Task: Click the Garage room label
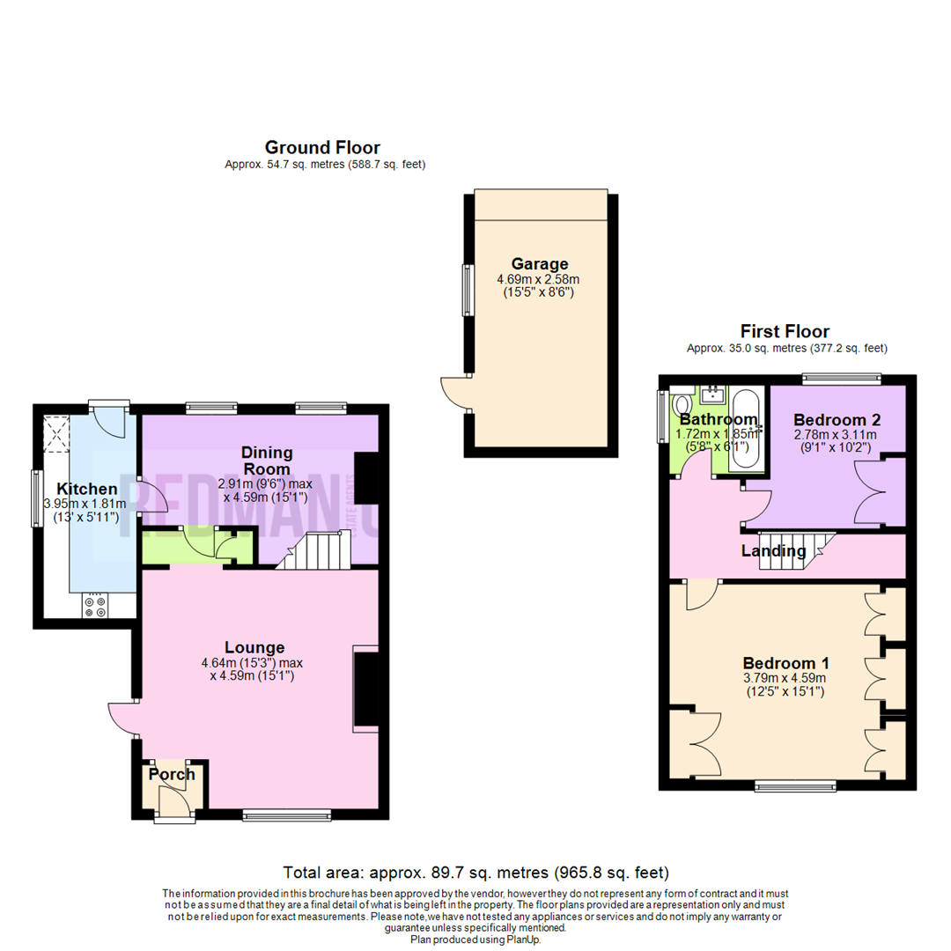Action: point(540,263)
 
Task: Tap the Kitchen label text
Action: point(87,489)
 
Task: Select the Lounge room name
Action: point(254,646)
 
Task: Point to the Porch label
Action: point(172,774)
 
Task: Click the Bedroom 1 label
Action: point(785,663)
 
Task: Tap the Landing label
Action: point(773,551)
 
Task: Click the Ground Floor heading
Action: point(322,147)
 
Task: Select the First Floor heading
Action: point(784,331)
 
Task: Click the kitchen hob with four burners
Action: point(94,607)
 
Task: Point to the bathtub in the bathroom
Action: point(744,427)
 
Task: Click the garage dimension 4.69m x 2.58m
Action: point(539,279)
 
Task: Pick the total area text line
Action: point(475,873)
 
